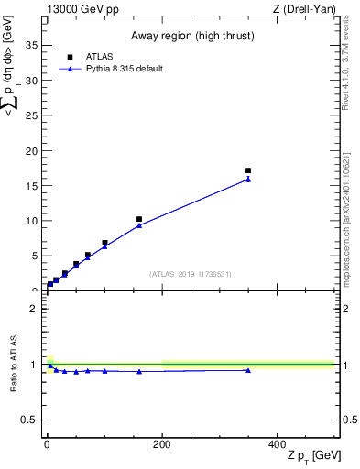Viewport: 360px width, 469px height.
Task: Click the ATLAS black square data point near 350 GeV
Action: click(248, 170)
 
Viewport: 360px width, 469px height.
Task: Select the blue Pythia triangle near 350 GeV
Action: click(248, 180)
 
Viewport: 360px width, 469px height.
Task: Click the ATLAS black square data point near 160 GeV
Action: click(139, 220)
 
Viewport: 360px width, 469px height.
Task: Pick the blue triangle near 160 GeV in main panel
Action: click(139, 225)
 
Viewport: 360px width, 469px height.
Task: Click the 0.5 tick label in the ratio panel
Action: click(29, 420)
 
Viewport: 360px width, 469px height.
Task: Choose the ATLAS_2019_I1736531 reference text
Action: click(190, 274)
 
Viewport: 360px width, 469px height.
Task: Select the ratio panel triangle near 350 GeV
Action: click(248, 370)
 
